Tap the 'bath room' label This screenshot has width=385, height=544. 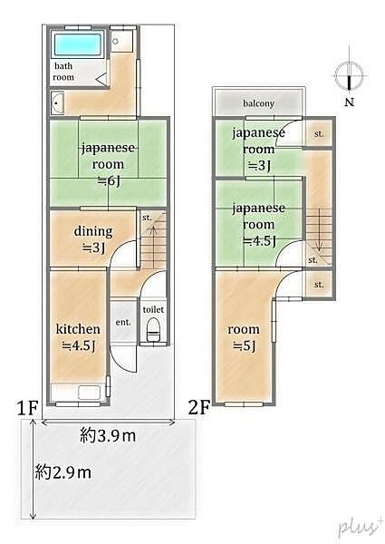pyautogui.click(x=63, y=72)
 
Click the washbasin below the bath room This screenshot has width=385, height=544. pyautogui.click(x=59, y=103)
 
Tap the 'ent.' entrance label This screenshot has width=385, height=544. pyautogui.click(x=122, y=322)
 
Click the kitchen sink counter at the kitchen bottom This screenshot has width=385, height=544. pyautogui.click(x=81, y=393)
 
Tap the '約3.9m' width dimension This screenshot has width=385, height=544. pyautogui.click(x=108, y=436)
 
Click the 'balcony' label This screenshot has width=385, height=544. pyautogui.click(x=256, y=102)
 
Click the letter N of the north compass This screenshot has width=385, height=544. pyautogui.click(x=349, y=102)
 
